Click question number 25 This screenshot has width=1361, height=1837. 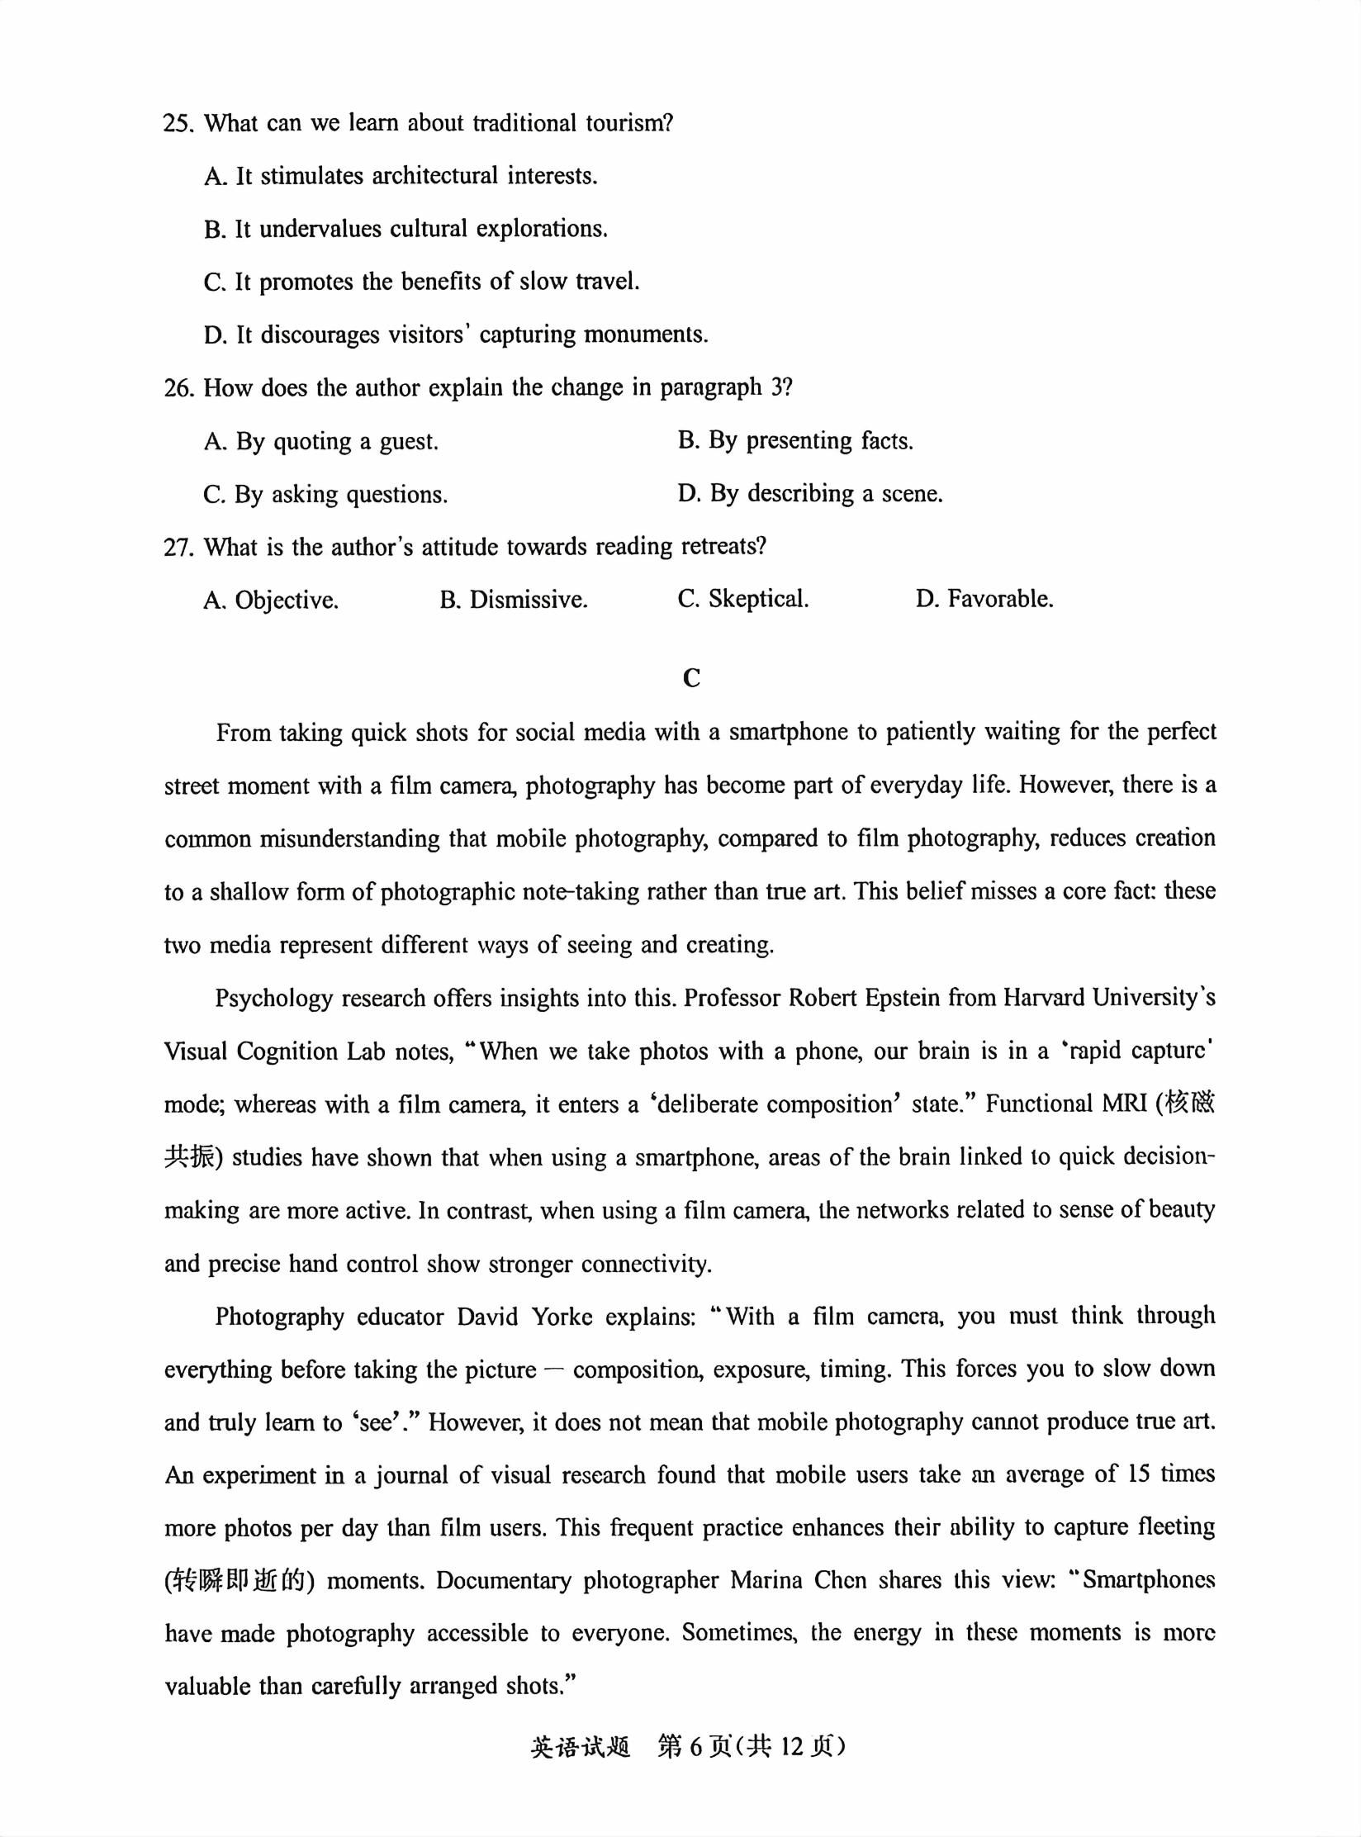[178, 124]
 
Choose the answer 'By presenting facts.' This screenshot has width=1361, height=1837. [796, 441]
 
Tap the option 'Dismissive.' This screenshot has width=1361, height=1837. [514, 600]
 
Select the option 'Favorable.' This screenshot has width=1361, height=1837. [984, 600]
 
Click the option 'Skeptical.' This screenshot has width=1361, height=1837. [743, 600]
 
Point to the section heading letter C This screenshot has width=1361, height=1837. [691, 678]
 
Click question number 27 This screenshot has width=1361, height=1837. [178, 548]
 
